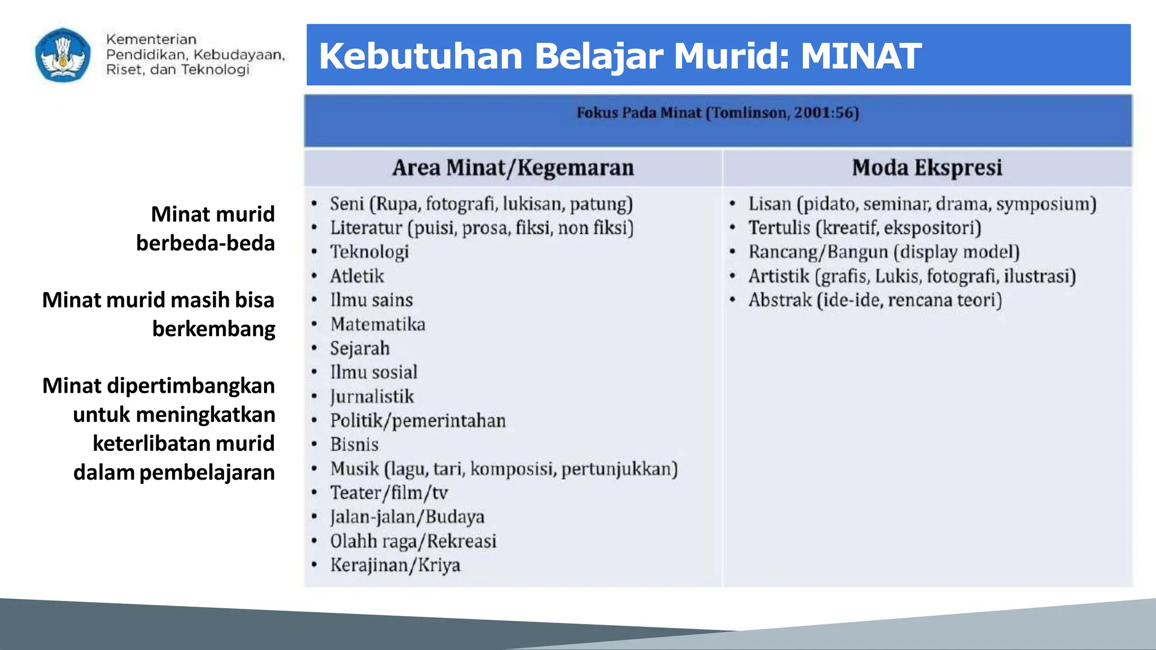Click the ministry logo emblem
click(63, 55)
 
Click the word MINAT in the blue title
click(860, 56)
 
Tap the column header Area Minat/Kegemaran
click(513, 168)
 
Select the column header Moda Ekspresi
click(927, 168)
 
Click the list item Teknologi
click(369, 252)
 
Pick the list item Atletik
click(357, 276)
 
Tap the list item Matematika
click(378, 324)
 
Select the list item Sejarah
click(360, 348)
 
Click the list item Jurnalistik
click(372, 397)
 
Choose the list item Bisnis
click(354, 445)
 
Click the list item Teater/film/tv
click(389, 493)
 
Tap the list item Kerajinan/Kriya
click(395, 565)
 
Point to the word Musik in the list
click(354, 469)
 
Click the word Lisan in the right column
click(770, 204)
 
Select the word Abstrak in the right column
click(780, 300)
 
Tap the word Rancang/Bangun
click(818, 252)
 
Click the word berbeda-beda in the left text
click(205, 243)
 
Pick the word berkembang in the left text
click(213, 329)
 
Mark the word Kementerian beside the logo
click(151, 39)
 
